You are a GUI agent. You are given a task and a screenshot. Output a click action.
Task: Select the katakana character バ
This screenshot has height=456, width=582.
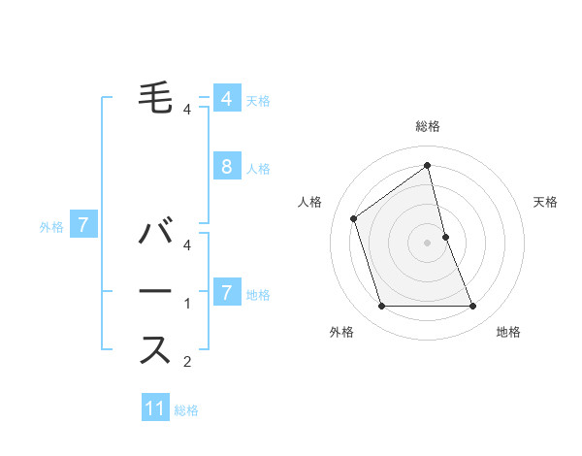[x=156, y=234]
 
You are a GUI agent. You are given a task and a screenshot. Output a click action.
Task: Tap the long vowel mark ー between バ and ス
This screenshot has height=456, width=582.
[x=156, y=291]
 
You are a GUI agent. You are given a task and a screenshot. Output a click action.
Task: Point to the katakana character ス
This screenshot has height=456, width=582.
[x=156, y=348]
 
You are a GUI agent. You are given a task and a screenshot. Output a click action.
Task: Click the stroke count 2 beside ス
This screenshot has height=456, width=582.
[x=187, y=363]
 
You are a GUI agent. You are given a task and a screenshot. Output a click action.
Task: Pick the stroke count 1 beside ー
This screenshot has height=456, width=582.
[x=187, y=305]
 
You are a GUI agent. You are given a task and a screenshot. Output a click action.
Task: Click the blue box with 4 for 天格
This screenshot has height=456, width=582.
[x=226, y=99]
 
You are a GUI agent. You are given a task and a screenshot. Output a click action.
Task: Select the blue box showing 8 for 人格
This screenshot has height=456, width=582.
[x=226, y=166]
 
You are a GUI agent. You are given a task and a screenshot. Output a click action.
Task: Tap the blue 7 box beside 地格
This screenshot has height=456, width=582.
[x=226, y=291]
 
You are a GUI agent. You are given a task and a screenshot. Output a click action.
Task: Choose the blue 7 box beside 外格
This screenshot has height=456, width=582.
[x=83, y=226]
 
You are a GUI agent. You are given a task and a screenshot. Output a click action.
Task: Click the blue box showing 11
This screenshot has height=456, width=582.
[x=155, y=407]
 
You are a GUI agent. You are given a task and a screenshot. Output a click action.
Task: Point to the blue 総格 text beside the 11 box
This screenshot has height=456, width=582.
[x=186, y=410]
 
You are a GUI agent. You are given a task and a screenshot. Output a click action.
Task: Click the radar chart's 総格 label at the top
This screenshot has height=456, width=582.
[x=427, y=126]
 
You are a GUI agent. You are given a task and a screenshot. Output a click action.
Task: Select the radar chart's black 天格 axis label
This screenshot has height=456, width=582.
[x=546, y=202]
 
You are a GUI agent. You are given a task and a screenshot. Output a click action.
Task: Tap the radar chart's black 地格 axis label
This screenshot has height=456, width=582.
[x=508, y=332]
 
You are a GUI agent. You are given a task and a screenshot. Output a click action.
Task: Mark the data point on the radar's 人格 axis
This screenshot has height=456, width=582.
[x=354, y=218]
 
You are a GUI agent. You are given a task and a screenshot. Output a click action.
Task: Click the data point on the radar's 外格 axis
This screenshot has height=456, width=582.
[x=381, y=307]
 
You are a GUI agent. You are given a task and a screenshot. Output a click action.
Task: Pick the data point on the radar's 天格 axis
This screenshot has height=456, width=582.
[x=445, y=237]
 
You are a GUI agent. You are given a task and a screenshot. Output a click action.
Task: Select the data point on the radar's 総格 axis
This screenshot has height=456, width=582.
[x=427, y=165]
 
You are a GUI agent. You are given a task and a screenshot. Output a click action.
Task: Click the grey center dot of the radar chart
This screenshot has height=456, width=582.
[x=427, y=243]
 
